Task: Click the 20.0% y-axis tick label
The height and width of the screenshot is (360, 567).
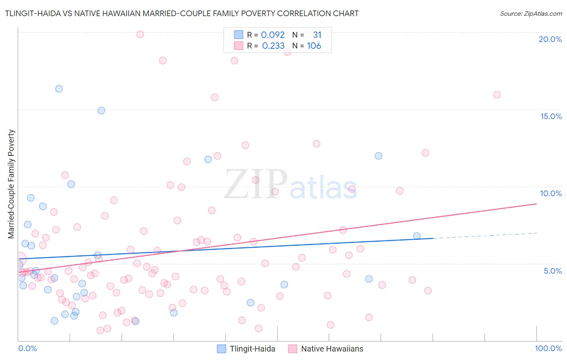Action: (x=550, y=39)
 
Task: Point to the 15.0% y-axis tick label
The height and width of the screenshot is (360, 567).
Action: (x=551, y=116)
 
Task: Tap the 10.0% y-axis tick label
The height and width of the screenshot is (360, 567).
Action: (x=551, y=193)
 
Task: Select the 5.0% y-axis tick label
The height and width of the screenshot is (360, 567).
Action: (x=552, y=271)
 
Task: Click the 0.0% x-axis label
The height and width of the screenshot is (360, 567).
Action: (x=27, y=348)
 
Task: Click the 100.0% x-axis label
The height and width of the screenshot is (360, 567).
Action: (x=548, y=348)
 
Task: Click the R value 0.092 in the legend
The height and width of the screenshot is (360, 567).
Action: (x=273, y=35)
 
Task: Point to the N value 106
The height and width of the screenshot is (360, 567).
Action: (x=314, y=46)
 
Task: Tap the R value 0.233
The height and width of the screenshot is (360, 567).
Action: (x=273, y=46)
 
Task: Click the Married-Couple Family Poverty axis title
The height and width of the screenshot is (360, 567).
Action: (x=11, y=184)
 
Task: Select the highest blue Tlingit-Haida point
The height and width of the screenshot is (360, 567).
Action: (x=59, y=89)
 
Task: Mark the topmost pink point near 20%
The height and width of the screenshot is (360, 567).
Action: (x=140, y=34)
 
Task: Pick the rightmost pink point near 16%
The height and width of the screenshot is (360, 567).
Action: (x=497, y=95)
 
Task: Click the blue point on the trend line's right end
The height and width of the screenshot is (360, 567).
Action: (x=417, y=236)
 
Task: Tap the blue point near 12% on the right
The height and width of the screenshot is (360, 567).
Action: (x=378, y=156)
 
